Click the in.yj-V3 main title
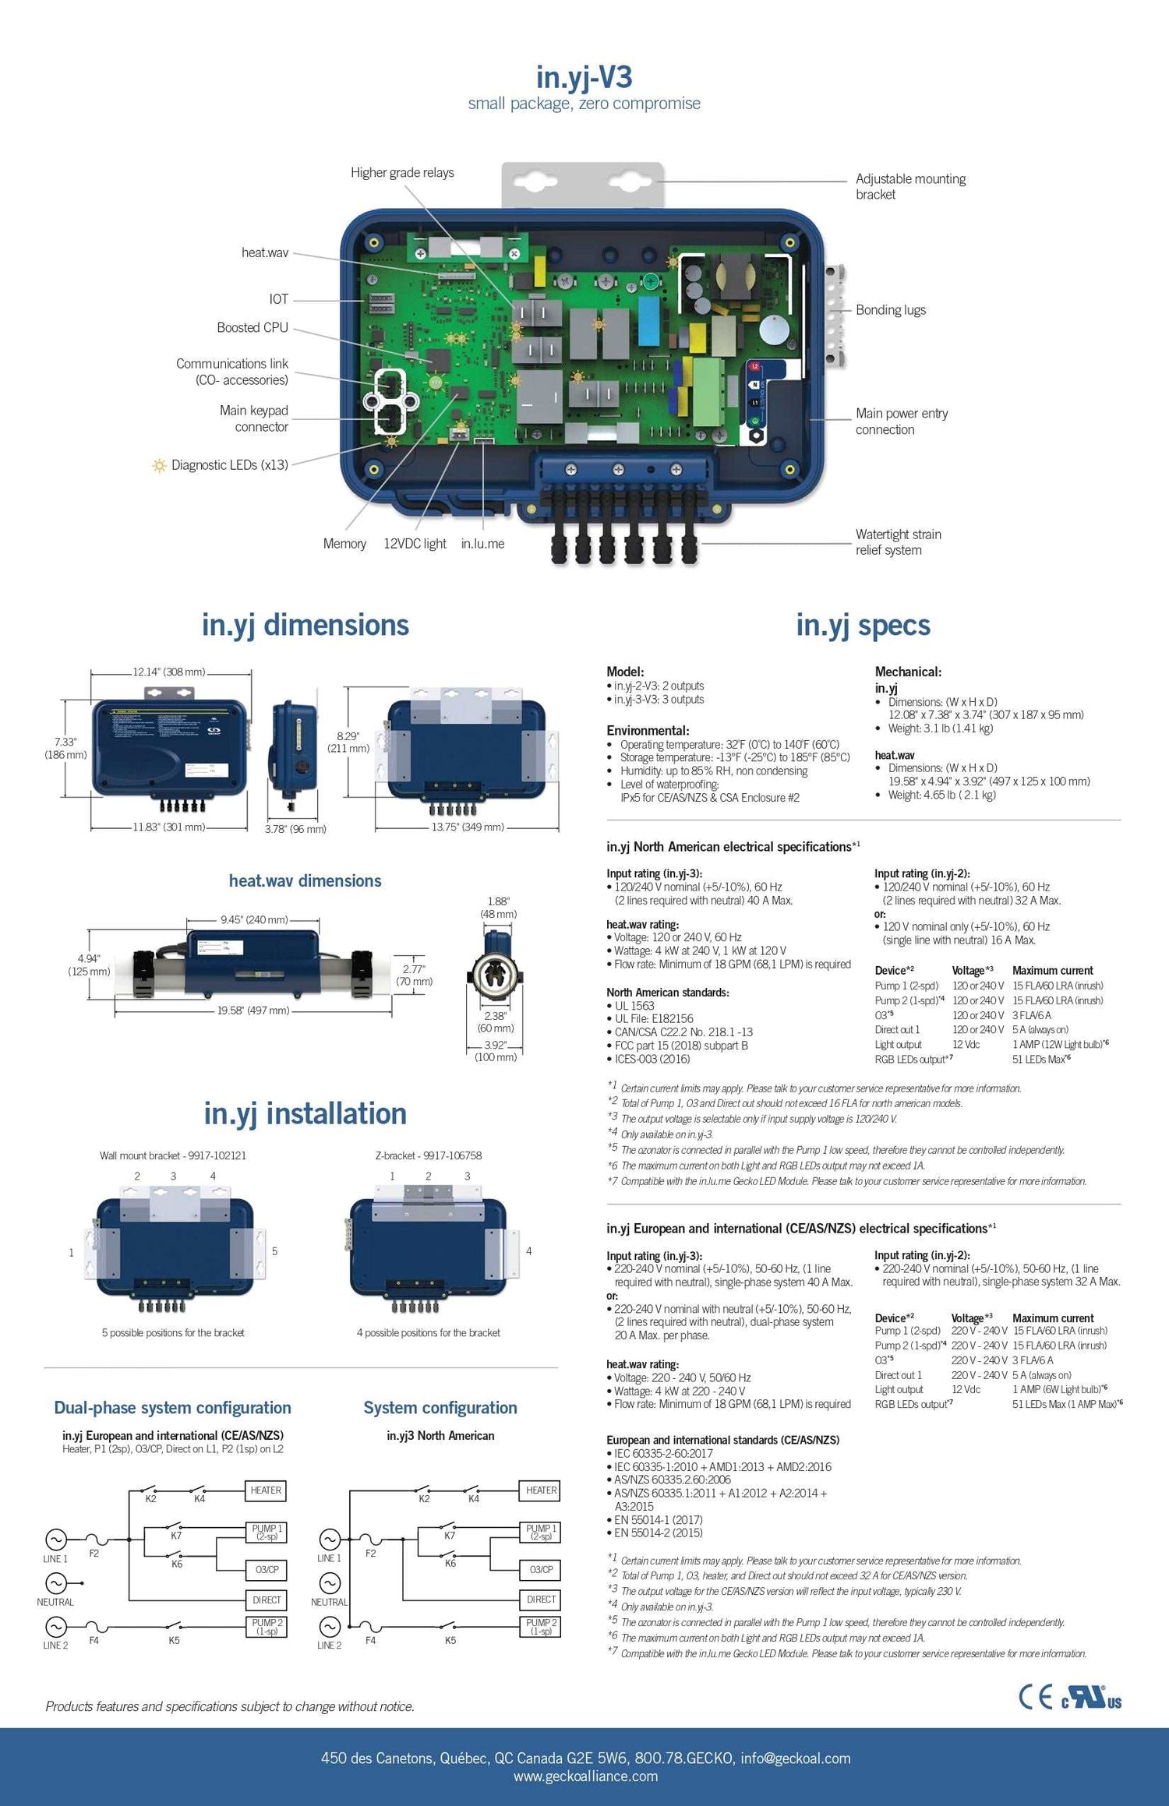click(x=584, y=76)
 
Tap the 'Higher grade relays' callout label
click(x=402, y=172)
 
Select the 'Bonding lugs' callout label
click(x=891, y=309)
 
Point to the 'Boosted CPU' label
click(x=253, y=327)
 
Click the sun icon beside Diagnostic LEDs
click(x=159, y=465)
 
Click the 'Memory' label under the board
click(x=344, y=543)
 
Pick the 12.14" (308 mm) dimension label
click(x=168, y=672)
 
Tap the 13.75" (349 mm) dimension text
click(x=468, y=827)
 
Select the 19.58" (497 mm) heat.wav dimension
click(x=253, y=1011)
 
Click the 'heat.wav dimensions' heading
click(x=305, y=880)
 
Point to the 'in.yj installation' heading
click(x=305, y=1113)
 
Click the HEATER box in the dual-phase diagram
click(x=266, y=1490)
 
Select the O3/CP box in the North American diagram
click(x=541, y=1569)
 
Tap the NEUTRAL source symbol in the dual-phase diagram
click(x=55, y=1583)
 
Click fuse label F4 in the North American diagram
click(x=370, y=1640)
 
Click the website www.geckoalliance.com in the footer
click(x=585, y=1776)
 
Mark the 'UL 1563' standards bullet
click(x=634, y=1005)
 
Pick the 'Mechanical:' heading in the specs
click(x=908, y=672)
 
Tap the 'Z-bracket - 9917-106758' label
click(x=429, y=1155)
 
